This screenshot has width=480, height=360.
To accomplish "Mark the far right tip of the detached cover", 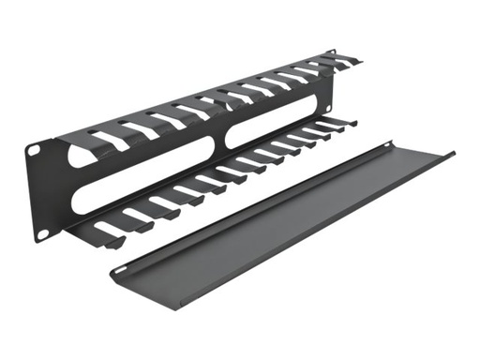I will click(454, 153).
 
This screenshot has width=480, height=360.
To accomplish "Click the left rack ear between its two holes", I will click(37, 187).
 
